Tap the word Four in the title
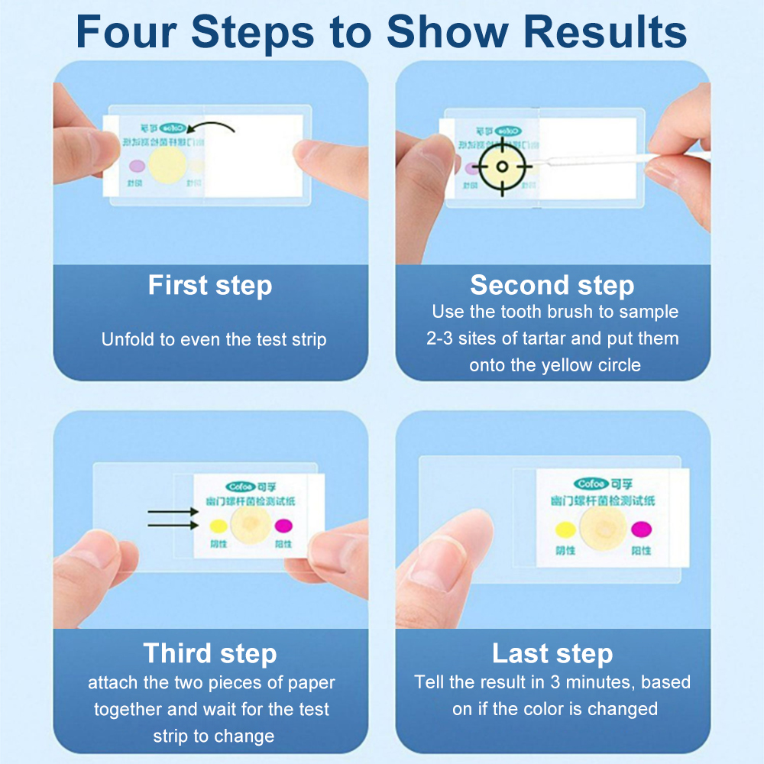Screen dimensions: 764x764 [125, 32]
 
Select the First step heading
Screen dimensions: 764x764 [210, 286]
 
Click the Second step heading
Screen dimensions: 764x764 [552, 285]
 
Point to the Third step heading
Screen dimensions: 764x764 [210, 654]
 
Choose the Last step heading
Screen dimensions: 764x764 [552, 654]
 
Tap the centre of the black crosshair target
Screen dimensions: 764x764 [502, 167]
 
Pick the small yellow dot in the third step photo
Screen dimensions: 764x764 [215, 526]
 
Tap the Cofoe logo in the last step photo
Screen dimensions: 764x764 [591, 484]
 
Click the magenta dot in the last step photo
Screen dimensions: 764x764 [639, 528]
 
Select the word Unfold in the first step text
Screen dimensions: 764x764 [127, 339]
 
